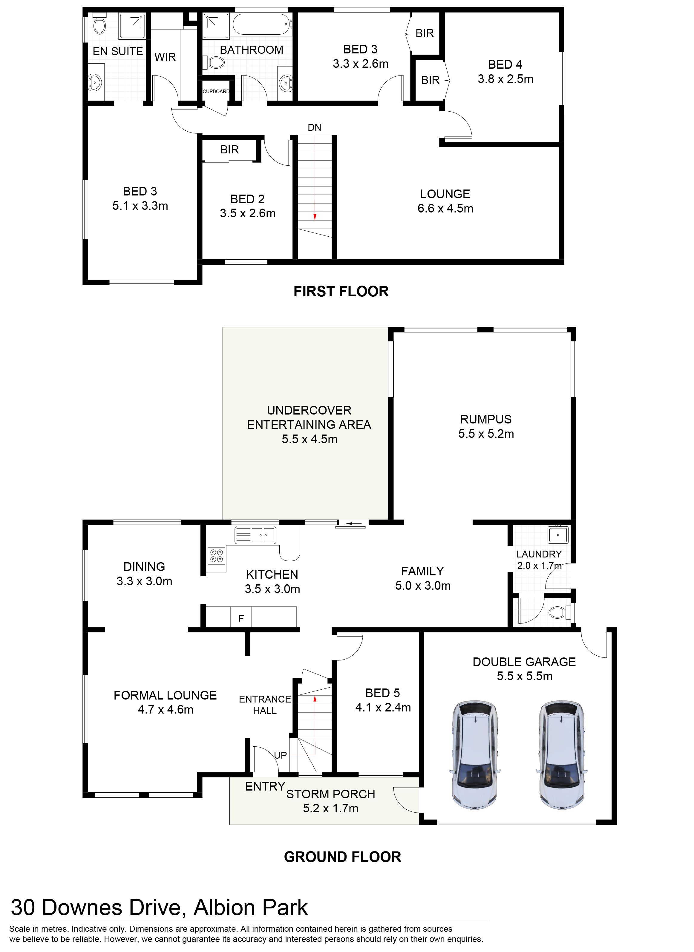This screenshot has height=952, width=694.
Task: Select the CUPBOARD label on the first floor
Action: point(216,92)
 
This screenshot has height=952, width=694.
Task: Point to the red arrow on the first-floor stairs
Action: point(314,217)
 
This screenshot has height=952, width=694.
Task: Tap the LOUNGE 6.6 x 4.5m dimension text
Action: point(445,209)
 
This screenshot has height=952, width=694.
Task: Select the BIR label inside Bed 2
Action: point(229,150)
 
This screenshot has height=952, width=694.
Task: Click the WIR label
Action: point(165,57)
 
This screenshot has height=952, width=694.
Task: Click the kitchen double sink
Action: point(255,535)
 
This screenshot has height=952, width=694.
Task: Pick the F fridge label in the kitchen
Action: point(241,618)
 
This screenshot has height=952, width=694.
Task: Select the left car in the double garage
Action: point(474,754)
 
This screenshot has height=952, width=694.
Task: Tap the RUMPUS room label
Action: point(486,419)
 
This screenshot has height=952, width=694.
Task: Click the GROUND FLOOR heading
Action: point(342,857)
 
